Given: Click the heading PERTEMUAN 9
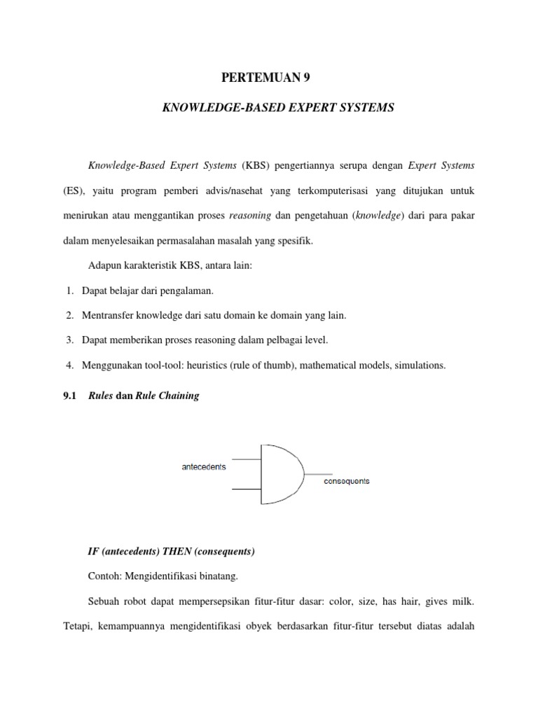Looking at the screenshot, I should click(x=268, y=78).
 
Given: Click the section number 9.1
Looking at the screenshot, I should click(x=69, y=396).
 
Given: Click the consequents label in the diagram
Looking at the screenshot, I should click(x=346, y=481).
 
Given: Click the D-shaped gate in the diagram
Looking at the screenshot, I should click(x=280, y=473).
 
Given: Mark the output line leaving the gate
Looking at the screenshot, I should click(x=318, y=473).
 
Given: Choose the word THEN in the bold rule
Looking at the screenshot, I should click(x=164, y=551).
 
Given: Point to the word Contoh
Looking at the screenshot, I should click(x=102, y=576).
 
